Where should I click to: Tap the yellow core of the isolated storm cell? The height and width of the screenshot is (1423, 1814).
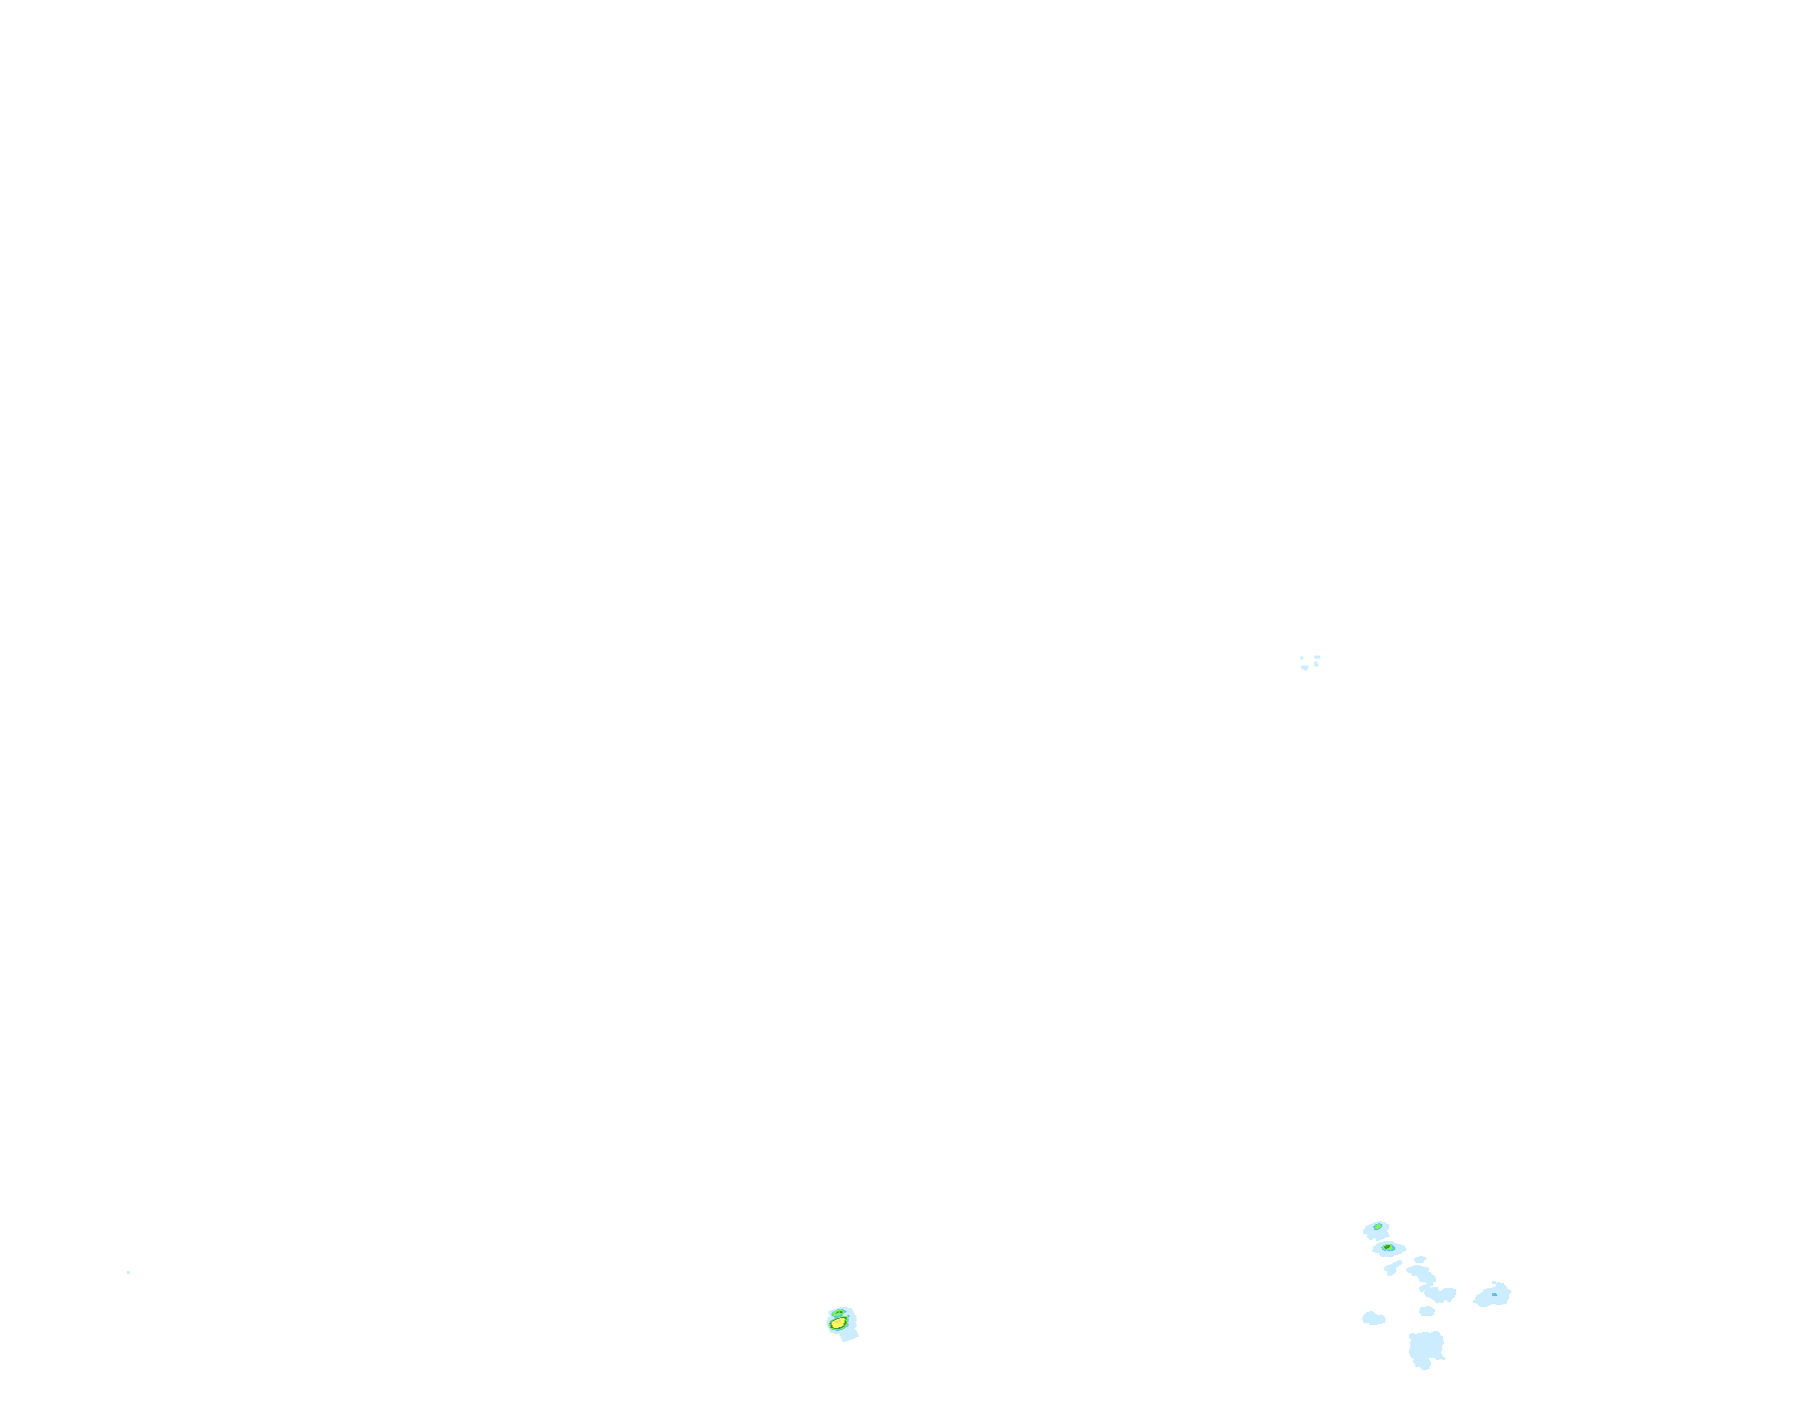pyautogui.click(x=838, y=1326)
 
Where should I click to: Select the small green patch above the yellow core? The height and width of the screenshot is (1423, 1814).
pyautogui.click(x=839, y=1314)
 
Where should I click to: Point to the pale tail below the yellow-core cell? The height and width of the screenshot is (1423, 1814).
pyautogui.click(x=850, y=1336)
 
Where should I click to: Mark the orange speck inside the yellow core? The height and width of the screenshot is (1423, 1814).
pyautogui.click(x=838, y=1321)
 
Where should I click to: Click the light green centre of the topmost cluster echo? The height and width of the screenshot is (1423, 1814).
pyautogui.click(x=1378, y=1226)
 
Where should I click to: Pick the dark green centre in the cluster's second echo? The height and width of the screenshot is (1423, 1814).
pyautogui.click(x=1387, y=1247)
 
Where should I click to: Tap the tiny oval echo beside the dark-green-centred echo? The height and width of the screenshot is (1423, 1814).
pyautogui.click(x=1420, y=1259)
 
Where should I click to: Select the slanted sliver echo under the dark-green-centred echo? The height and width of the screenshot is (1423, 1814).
pyautogui.click(x=1392, y=1268)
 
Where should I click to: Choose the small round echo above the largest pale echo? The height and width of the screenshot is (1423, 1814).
pyautogui.click(x=1427, y=1311)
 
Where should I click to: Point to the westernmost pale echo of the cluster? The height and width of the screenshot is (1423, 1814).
pyautogui.click(x=1373, y=1319)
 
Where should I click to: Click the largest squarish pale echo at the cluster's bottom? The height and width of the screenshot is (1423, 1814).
pyautogui.click(x=1426, y=1346)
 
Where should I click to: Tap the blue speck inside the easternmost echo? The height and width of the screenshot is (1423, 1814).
pyautogui.click(x=1494, y=1294)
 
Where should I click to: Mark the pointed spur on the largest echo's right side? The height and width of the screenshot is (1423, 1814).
pyautogui.click(x=1443, y=1357)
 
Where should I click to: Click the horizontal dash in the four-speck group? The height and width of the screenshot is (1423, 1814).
pyautogui.click(x=1317, y=657)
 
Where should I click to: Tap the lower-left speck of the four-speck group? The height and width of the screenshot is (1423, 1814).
pyautogui.click(x=1304, y=668)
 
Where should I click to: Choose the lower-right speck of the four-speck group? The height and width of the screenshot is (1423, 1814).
pyautogui.click(x=1316, y=664)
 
